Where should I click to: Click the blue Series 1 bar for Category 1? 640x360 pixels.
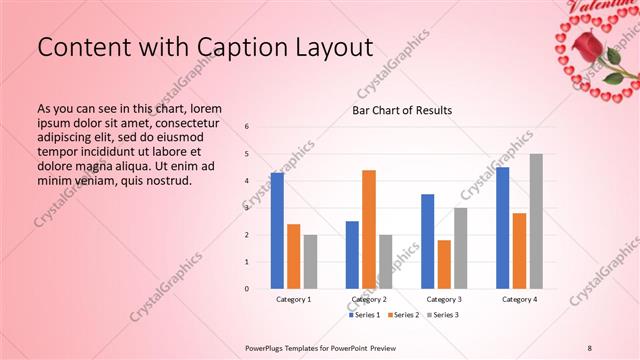tap(277, 231)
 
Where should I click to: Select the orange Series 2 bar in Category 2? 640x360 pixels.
tap(369, 229)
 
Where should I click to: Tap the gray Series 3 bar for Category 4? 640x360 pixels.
tap(536, 221)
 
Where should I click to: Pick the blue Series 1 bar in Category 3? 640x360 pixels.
tap(428, 241)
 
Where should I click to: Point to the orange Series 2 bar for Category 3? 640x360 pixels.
tap(444, 264)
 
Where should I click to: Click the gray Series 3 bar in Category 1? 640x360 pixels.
tap(310, 262)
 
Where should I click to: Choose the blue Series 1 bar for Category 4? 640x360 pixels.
tap(503, 228)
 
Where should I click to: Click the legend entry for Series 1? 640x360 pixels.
tap(365, 315)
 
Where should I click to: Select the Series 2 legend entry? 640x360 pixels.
tap(402, 315)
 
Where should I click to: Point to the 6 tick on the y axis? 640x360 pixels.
tap(247, 127)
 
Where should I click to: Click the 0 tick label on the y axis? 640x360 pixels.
tap(247, 289)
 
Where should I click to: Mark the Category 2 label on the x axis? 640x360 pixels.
tap(369, 299)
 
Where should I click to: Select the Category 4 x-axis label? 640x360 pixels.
tap(519, 299)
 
